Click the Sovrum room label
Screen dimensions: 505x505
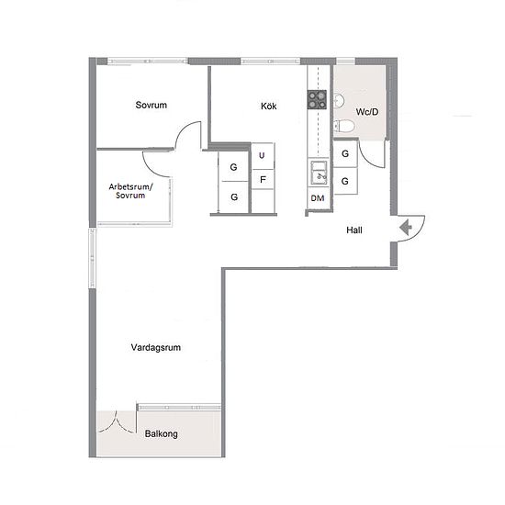pos(151,105)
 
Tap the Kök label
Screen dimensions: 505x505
pos(269,106)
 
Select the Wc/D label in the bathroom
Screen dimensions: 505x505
pos(367,112)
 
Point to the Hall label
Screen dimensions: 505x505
pos(354,230)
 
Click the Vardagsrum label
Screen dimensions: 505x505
pos(155,347)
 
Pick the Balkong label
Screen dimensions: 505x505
pos(161,433)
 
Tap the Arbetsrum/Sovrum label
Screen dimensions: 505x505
pos(130,191)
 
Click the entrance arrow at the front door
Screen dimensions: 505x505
pos(406,228)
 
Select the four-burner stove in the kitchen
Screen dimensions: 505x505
pos(317,99)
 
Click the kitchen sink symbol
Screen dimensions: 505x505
pos(319,173)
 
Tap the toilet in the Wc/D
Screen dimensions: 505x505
pos(343,126)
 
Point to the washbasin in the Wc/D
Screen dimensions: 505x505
pos(339,101)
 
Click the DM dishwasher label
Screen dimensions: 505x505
pos(318,198)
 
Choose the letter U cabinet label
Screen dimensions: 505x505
pos(262,155)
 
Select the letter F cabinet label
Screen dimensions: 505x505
pos(263,179)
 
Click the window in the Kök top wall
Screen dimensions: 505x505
pos(271,61)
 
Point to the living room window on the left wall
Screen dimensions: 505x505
pos(92,258)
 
